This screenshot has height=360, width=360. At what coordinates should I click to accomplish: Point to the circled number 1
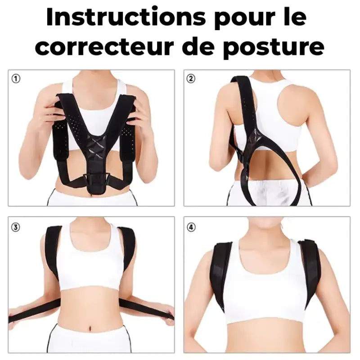point(16,79)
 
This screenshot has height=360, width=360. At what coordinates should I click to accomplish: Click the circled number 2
point(191,79)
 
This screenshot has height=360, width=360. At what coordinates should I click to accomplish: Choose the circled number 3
point(16,227)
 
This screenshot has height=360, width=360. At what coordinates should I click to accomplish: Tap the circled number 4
point(191,227)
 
